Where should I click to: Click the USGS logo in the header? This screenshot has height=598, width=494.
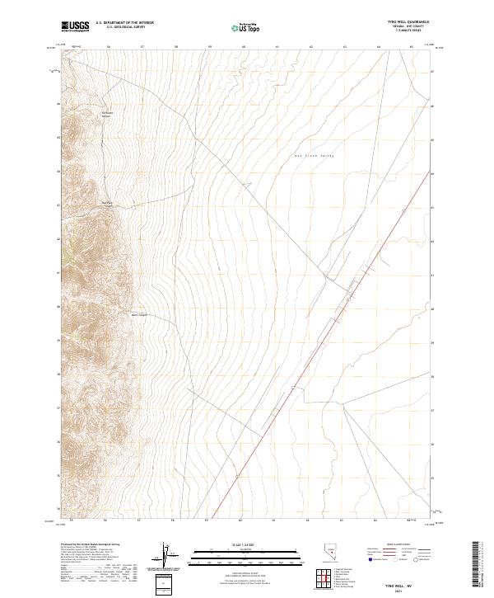(75, 26)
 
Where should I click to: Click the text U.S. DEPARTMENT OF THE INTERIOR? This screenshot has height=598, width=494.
(124, 23)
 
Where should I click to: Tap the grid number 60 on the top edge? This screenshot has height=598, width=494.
(244, 47)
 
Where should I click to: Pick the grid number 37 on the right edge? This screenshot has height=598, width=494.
(433, 409)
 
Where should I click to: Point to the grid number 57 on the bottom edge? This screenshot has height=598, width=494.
(140, 520)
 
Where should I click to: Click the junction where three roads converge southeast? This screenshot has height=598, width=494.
(343, 403)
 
